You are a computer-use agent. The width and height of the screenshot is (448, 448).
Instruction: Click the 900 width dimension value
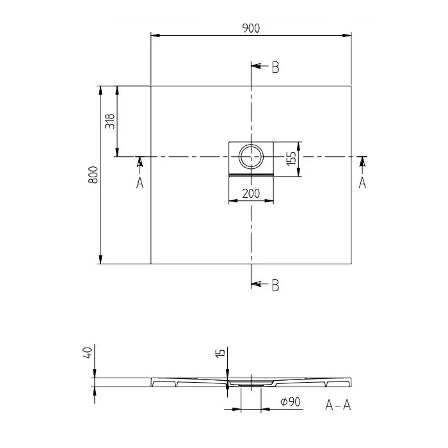coord(251,28)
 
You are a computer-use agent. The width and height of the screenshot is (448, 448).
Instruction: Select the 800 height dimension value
coord(93,175)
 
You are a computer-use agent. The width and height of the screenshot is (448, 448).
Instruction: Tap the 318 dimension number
coord(109,121)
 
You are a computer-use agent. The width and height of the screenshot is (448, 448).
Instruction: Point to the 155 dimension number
coord(291,159)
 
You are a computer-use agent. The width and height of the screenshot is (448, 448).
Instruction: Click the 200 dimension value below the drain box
coord(251,193)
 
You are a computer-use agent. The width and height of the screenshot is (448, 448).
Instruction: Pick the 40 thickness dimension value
coord(88,353)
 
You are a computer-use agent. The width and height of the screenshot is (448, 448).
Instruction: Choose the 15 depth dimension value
coord(220,353)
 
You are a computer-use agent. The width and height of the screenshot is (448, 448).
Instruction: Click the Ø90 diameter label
coord(291,402)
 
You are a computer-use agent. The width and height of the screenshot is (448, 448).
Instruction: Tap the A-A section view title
coord(338,405)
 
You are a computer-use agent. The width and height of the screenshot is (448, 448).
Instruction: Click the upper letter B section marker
coord(275,67)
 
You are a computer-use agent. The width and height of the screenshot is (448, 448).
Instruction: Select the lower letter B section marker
coord(275,285)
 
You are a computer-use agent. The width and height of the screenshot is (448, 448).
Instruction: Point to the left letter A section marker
coord(140,182)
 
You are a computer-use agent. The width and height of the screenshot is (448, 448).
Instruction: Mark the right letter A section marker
coord(362,182)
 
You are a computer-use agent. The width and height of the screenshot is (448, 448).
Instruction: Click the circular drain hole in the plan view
coord(251,157)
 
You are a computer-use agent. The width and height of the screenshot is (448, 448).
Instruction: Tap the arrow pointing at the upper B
coord(260,66)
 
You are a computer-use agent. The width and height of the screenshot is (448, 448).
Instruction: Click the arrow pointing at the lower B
coord(260,284)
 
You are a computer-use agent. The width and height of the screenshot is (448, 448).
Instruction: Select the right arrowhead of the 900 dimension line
coord(347,35)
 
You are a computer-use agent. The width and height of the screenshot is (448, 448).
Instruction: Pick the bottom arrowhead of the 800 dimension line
coord(100,259)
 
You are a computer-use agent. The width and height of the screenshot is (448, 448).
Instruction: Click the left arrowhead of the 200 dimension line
coord(233,201)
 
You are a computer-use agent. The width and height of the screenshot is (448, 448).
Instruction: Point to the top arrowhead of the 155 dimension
coord(298,147)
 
